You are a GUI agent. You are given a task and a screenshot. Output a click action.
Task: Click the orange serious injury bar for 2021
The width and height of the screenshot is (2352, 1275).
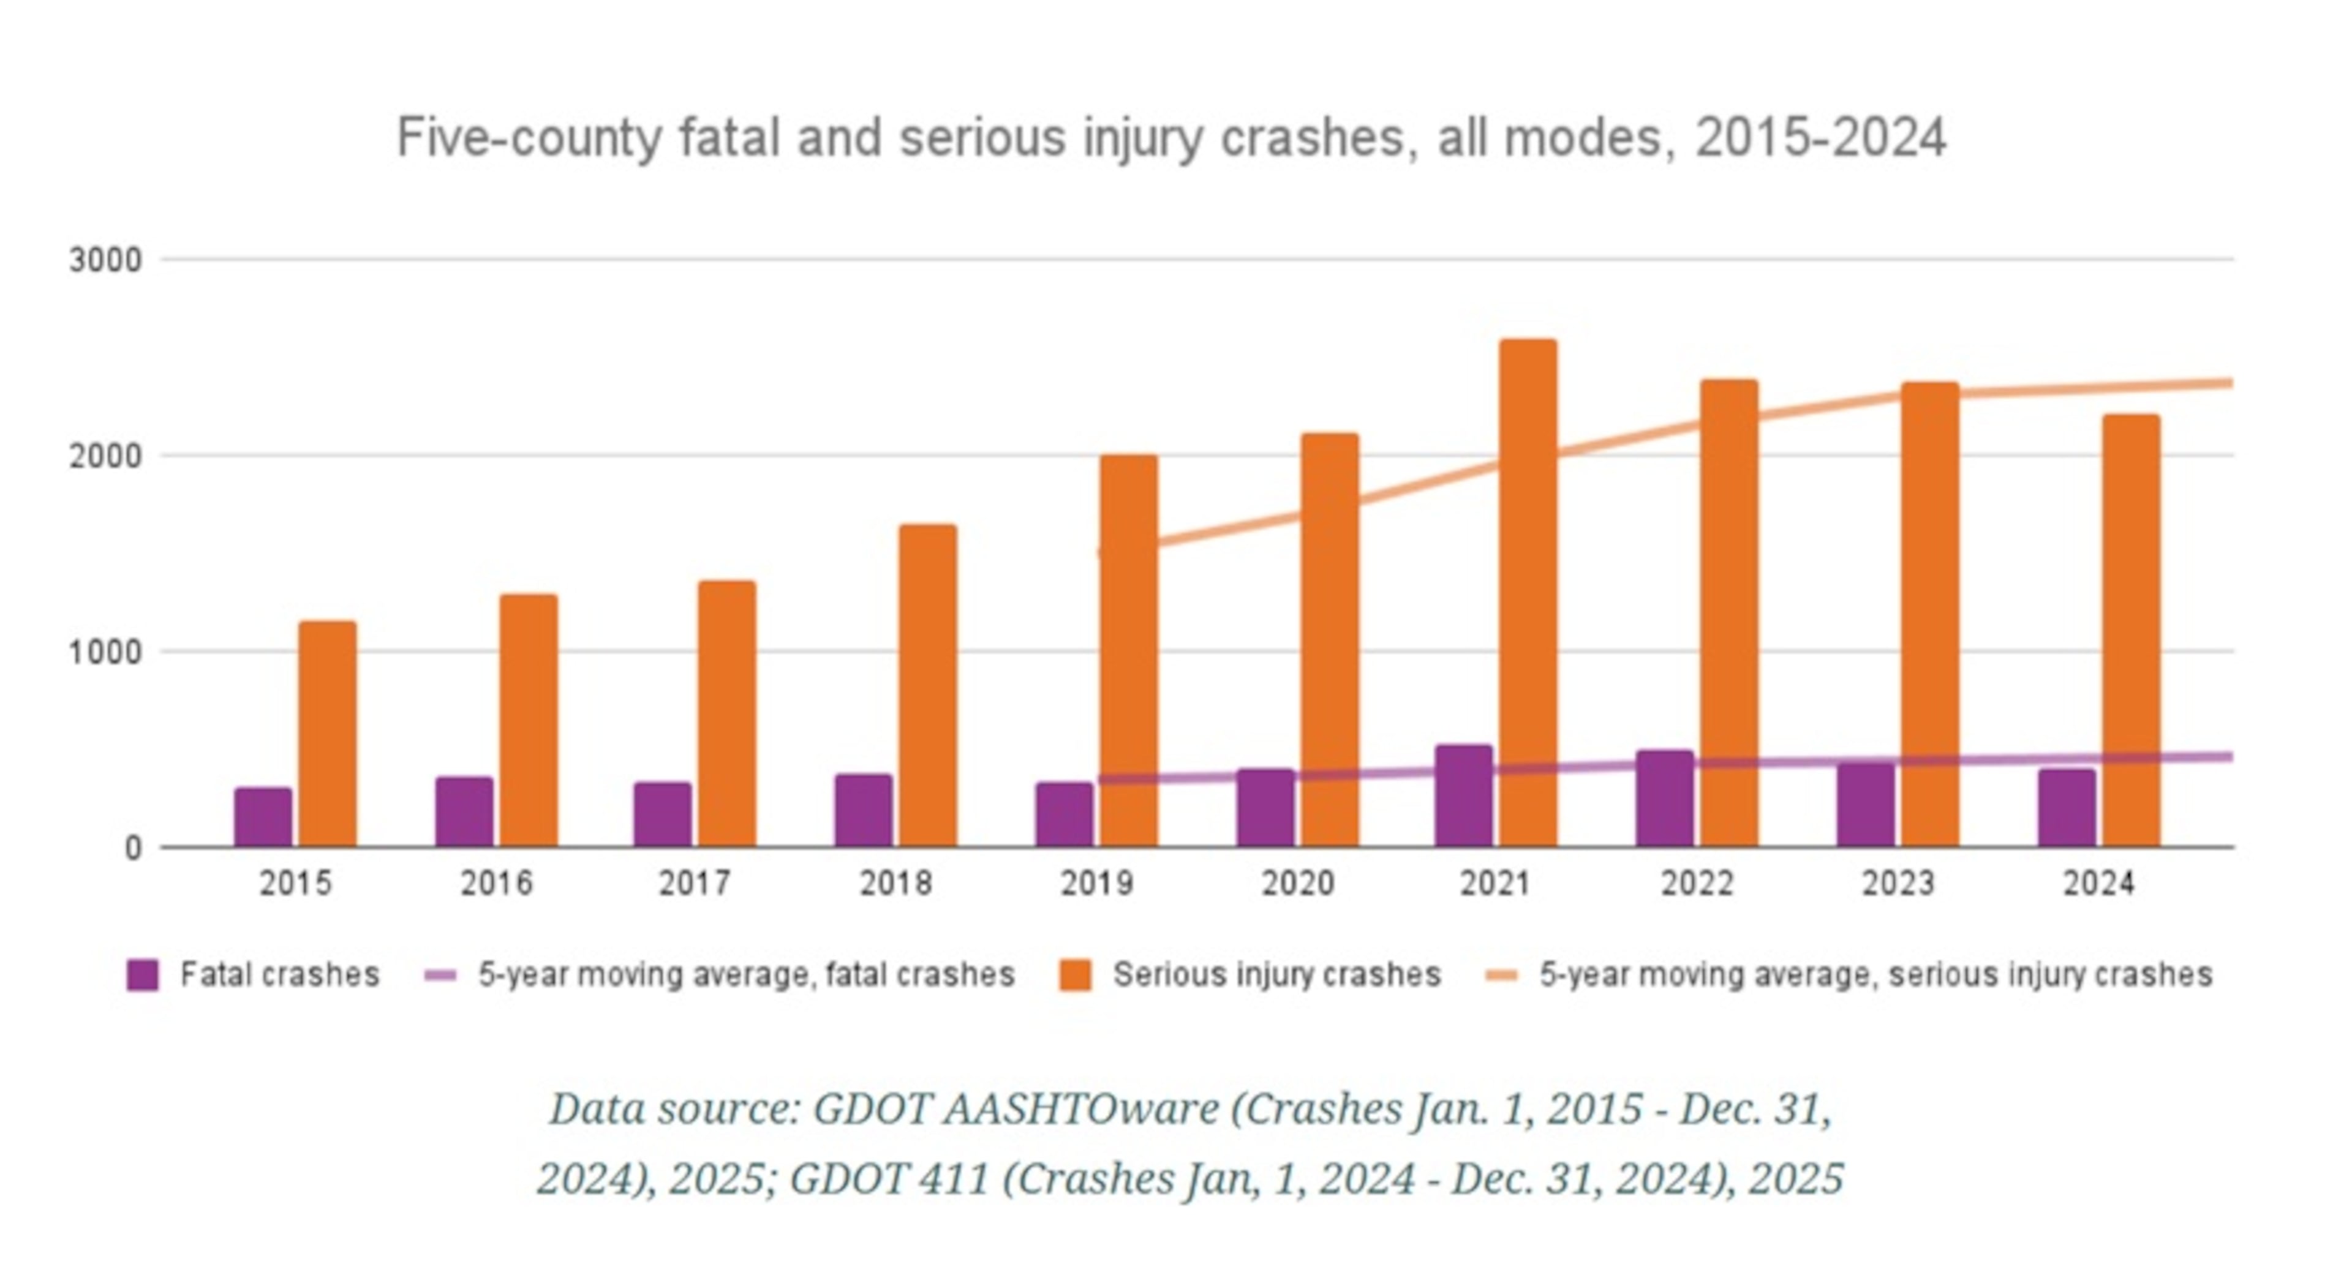point(1528,593)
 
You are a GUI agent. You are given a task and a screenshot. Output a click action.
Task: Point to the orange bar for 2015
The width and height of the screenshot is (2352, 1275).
point(328,735)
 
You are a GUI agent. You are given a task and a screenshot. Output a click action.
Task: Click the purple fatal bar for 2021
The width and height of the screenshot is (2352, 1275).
point(1464,796)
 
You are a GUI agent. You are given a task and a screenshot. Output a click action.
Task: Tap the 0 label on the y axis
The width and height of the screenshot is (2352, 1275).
point(134,849)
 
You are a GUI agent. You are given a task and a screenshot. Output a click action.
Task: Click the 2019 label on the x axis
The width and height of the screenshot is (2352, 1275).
point(1096,884)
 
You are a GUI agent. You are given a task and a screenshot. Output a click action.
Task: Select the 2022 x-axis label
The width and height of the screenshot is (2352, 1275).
point(1697,884)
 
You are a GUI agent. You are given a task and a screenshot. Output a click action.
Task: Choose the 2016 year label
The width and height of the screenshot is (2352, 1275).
point(496,884)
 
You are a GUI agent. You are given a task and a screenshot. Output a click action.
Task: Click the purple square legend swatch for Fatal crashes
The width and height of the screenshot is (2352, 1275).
point(143,975)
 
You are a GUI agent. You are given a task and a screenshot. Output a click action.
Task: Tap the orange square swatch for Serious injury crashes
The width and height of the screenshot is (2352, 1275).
point(1075,975)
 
